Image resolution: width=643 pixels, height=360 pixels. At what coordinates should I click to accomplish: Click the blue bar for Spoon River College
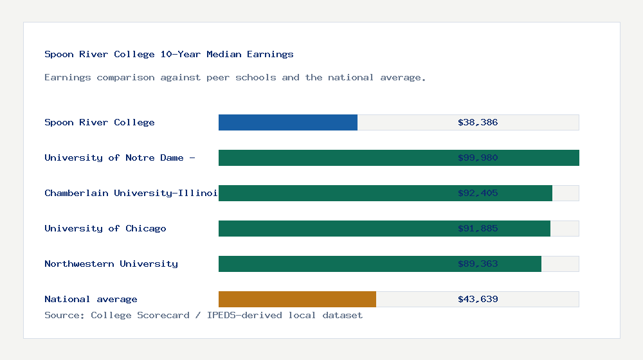pyautogui.click(x=288, y=122)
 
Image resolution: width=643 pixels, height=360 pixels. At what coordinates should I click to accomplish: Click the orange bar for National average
pyautogui.click(x=297, y=299)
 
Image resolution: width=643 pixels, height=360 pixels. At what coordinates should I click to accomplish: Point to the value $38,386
pyautogui.click(x=478, y=122)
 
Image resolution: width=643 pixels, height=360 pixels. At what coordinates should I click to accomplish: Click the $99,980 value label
pyautogui.click(x=478, y=157)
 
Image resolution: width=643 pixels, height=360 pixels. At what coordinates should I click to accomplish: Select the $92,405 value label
pyautogui.click(x=478, y=193)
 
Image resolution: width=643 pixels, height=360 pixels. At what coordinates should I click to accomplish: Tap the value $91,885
pyautogui.click(x=478, y=228)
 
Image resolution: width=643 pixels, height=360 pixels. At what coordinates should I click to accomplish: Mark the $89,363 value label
pyautogui.click(x=478, y=264)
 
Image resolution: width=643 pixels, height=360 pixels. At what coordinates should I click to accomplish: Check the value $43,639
pyautogui.click(x=478, y=299)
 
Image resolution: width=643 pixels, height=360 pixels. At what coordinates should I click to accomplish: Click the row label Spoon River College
pyautogui.click(x=100, y=122)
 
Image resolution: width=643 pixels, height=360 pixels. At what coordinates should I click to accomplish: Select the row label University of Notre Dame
pyautogui.click(x=120, y=157)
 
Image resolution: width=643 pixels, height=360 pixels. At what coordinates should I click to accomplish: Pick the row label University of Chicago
pyautogui.click(x=105, y=228)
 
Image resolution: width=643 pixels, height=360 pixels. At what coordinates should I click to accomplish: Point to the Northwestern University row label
pyautogui.click(x=111, y=264)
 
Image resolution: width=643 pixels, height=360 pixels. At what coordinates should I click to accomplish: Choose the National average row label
pyautogui.click(x=91, y=299)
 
